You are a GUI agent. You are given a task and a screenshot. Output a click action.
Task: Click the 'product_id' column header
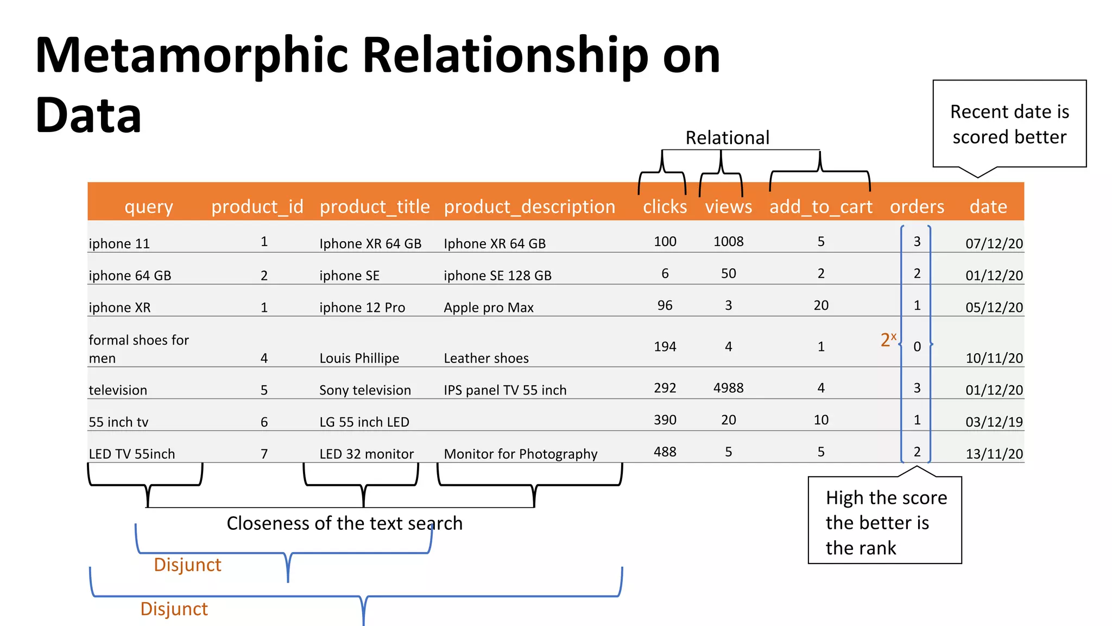[x=257, y=207]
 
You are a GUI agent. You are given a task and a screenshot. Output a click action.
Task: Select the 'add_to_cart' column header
[x=820, y=207]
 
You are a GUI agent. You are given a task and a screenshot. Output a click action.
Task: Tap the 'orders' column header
[x=917, y=207]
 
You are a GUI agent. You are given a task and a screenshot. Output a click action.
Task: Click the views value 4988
[x=728, y=388]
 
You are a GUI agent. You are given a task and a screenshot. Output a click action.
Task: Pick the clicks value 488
[x=665, y=452]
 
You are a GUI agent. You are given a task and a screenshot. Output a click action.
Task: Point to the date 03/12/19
[x=994, y=422]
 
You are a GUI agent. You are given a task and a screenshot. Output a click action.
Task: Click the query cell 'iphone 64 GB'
[x=130, y=276]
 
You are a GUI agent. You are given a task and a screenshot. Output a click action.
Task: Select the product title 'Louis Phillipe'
[x=359, y=359]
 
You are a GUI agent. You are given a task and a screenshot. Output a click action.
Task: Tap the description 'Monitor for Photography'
[x=520, y=454]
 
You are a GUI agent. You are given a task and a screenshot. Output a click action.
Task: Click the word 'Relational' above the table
[x=727, y=138]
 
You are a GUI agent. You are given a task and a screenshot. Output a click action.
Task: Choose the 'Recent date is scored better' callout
[x=1009, y=124]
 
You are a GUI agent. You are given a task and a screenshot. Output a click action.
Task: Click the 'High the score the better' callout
[x=885, y=522]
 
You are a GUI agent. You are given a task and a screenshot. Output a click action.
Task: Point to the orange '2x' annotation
[x=888, y=340]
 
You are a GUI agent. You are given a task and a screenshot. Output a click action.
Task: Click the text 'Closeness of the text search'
[x=344, y=523]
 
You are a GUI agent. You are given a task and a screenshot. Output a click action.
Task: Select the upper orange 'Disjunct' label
[x=187, y=565]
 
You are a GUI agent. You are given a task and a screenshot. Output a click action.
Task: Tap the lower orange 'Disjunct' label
[x=174, y=609]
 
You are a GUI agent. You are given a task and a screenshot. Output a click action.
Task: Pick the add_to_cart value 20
[x=820, y=305]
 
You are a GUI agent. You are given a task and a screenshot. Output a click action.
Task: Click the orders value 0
[x=917, y=347]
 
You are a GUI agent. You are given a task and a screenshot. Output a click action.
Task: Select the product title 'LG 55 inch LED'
[x=364, y=422]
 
